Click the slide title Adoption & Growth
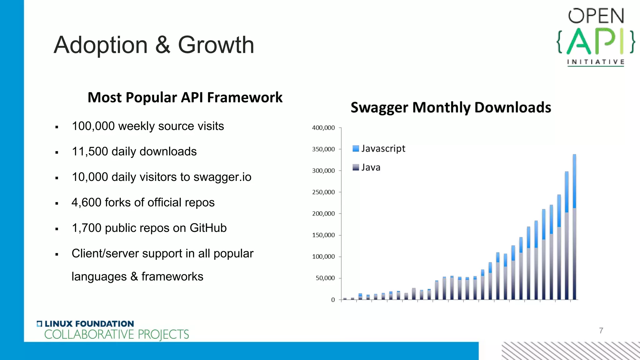coord(154,45)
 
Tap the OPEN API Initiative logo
coord(596,37)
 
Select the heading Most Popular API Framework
coord(185,97)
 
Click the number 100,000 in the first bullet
coord(93,126)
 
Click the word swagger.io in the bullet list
coord(222,177)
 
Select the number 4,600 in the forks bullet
coord(86,202)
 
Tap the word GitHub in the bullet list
coord(208,228)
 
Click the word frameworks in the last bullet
coord(172,277)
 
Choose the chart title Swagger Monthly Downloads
coord(451,107)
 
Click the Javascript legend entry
coord(379,148)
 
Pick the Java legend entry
coord(367,167)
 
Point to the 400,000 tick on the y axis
coord(323,128)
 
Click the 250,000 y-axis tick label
coord(323,192)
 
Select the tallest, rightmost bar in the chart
coord(574,227)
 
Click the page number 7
coord(601,331)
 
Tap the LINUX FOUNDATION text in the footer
coord(89,324)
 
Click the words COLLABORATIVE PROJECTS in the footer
coord(117,335)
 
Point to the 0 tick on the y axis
coord(333,300)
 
